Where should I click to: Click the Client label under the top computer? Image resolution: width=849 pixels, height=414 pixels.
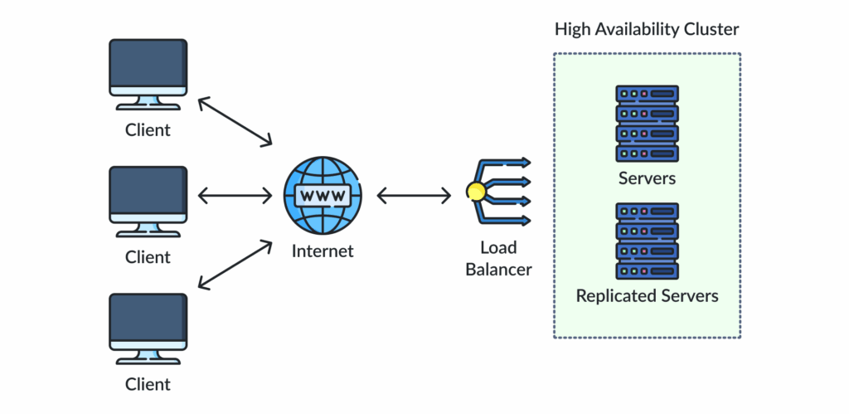pyautogui.click(x=148, y=130)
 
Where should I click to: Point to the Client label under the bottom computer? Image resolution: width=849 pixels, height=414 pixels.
pyautogui.click(x=148, y=384)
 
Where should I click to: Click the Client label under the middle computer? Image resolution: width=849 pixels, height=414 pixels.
pyautogui.click(x=148, y=257)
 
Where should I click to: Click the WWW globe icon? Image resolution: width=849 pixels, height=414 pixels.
pyautogui.click(x=323, y=196)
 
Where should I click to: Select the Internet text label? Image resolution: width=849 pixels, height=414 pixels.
pyautogui.click(x=323, y=251)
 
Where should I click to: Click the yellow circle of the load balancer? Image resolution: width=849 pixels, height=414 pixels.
pyautogui.click(x=476, y=192)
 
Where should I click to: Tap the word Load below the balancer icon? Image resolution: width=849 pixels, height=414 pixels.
pyautogui.click(x=498, y=247)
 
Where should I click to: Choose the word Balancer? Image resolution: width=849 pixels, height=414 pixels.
pyautogui.click(x=498, y=269)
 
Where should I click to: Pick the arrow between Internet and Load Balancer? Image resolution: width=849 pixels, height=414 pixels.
pyautogui.click(x=414, y=196)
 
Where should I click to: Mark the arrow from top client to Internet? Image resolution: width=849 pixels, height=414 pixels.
pyautogui.click(x=235, y=121)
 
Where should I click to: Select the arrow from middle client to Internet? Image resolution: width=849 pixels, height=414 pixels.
pyautogui.click(x=235, y=196)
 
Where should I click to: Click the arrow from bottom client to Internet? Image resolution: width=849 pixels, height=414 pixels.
pyautogui.click(x=235, y=265)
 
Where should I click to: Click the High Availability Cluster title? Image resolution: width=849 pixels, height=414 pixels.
pyautogui.click(x=647, y=30)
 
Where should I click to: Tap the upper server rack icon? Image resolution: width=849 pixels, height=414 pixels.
pyautogui.click(x=647, y=123)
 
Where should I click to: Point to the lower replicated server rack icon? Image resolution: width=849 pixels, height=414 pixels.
pyautogui.click(x=647, y=241)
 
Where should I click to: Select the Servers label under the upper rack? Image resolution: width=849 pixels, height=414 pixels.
pyautogui.click(x=647, y=178)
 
